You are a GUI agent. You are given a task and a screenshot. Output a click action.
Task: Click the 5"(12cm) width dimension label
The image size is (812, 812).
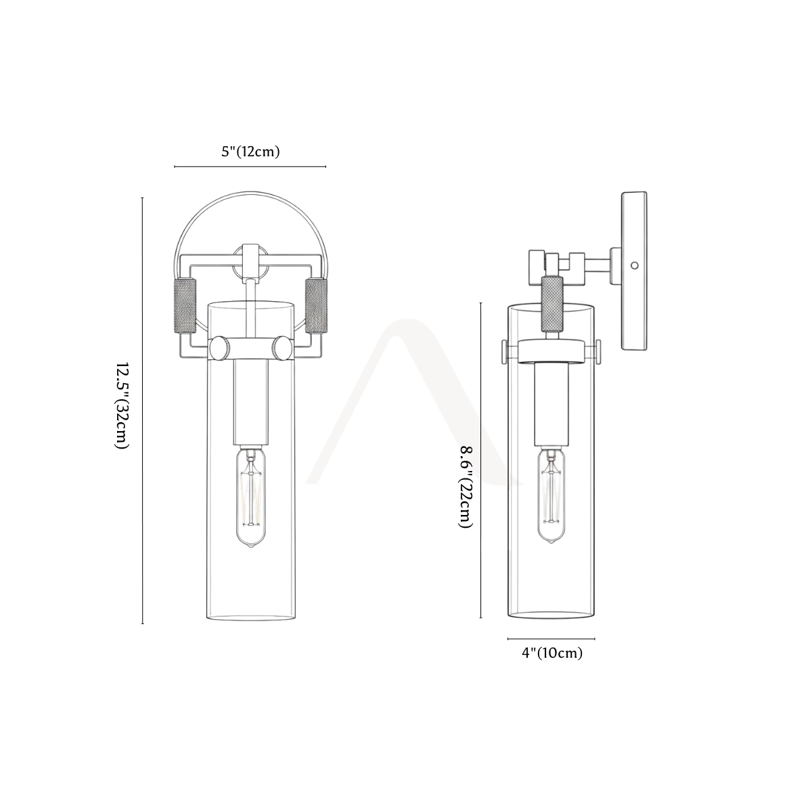point(251,152)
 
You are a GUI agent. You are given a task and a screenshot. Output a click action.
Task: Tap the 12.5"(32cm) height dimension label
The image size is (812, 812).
point(122,405)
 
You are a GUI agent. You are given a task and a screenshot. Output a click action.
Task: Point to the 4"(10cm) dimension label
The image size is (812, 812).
point(552,653)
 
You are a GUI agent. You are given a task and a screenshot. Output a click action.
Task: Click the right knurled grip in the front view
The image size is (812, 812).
point(316,306)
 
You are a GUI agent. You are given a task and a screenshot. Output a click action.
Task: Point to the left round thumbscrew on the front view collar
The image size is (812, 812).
point(219,348)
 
